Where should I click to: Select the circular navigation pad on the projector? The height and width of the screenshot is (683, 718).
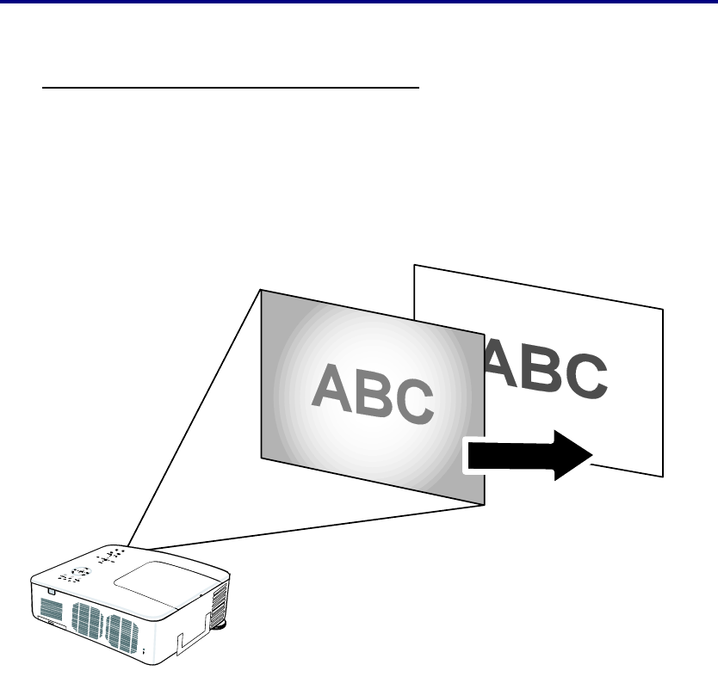click(x=80, y=571)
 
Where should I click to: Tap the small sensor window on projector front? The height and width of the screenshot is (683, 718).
click(x=51, y=592)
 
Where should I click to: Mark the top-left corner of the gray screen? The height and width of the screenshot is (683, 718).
click(x=261, y=290)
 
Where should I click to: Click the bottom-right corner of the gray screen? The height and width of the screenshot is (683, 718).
click(x=484, y=505)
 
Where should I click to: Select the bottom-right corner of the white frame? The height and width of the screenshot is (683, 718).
click(x=663, y=475)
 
